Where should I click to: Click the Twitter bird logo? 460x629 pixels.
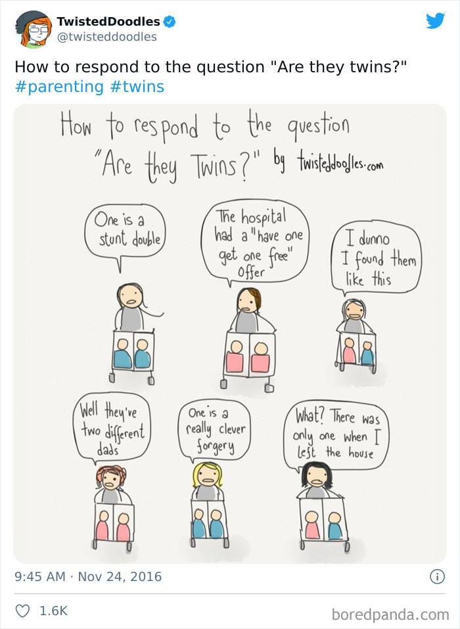point(435,21)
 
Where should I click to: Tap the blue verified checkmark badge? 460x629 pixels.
point(170,22)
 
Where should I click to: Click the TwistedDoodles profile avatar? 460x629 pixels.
point(33,29)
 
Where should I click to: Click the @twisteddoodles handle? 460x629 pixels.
point(107,37)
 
